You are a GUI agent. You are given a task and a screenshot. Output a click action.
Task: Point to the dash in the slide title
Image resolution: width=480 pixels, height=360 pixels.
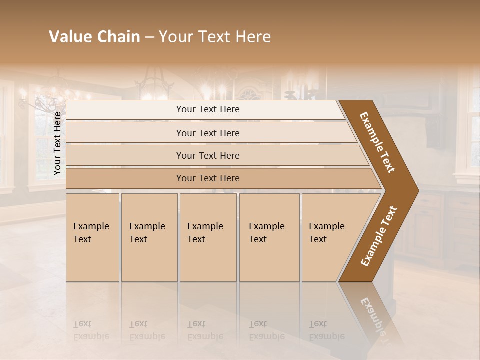pyautogui.click(x=149, y=37)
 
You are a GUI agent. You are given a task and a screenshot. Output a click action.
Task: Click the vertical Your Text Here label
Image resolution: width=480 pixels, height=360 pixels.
pyautogui.click(x=57, y=144)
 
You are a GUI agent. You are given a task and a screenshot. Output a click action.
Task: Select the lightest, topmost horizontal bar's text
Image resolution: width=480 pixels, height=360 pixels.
pyautogui.click(x=208, y=109)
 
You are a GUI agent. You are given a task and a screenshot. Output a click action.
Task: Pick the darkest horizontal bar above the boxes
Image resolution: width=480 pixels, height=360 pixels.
pyautogui.click(x=208, y=178)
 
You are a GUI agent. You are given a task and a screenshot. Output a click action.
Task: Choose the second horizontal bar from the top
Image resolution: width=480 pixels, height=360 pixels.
pyautogui.click(x=208, y=133)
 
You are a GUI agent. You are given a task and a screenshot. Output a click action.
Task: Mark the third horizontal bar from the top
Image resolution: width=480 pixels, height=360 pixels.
pyautogui.click(x=208, y=156)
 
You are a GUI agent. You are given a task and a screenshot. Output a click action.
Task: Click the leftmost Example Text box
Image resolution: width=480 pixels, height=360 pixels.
pyautogui.click(x=92, y=237)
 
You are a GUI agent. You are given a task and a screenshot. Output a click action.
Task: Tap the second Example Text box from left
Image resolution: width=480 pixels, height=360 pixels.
pyautogui.click(x=149, y=237)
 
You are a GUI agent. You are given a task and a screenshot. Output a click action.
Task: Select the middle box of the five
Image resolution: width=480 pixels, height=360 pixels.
pyautogui.click(x=208, y=237)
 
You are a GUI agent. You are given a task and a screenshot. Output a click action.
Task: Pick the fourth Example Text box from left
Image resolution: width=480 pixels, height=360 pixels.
pyautogui.click(x=269, y=237)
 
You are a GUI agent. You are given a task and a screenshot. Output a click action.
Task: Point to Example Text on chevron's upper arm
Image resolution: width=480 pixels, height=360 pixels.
pyautogui.click(x=377, y=142)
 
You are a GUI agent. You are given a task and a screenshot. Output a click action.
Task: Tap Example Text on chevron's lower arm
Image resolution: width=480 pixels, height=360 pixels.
pyautogui.click(x=379, y=236)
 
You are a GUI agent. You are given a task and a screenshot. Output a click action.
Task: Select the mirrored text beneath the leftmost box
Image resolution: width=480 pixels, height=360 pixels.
pyautogui.click(x=91, y=330)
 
